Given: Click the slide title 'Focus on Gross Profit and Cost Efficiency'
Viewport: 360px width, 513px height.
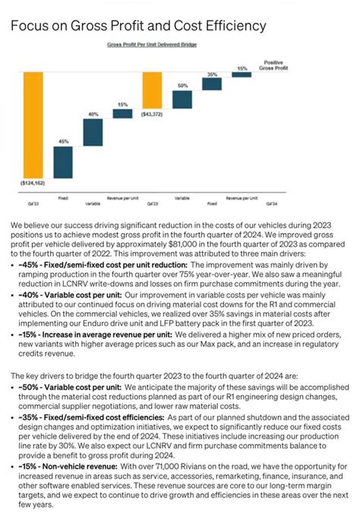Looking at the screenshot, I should point(138,27).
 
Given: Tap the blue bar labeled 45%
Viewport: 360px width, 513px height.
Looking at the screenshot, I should point(63,161).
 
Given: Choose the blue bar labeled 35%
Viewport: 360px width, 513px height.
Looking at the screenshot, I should point(212,82).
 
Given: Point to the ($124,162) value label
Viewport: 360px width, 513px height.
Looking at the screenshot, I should point(33,183).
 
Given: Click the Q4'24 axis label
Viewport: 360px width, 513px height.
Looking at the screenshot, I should point(271,203).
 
